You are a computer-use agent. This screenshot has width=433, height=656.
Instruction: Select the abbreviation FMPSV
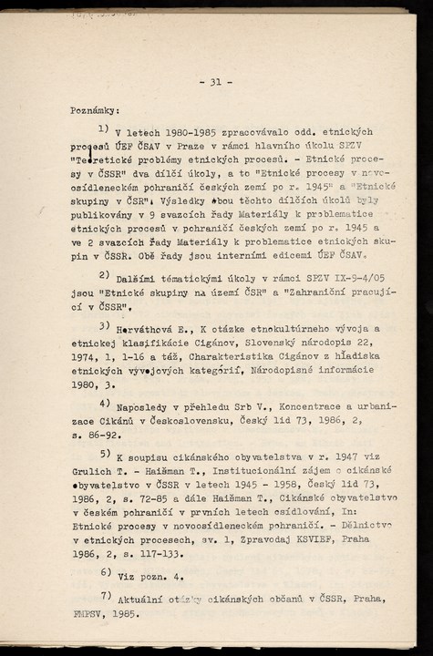click(89, 615)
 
